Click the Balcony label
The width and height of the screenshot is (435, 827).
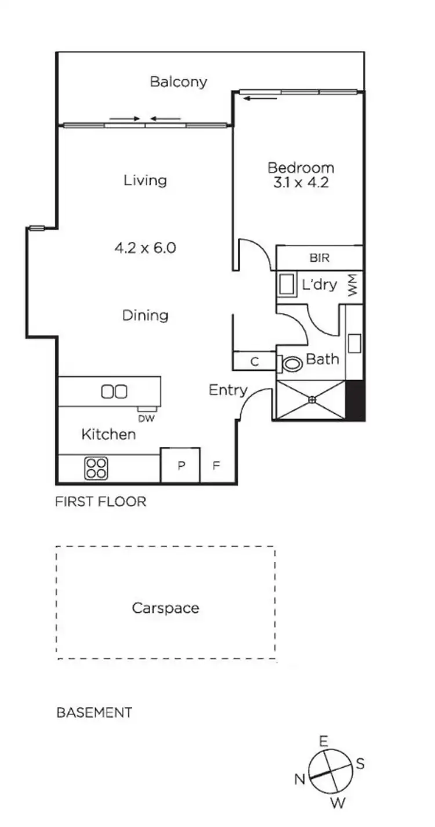(x=178, y=82)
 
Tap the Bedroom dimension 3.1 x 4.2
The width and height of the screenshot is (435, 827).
(x=300, y=182)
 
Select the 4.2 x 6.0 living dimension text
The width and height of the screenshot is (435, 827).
(x=145, y=248)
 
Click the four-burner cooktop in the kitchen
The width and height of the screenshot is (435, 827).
(x=96, y=468)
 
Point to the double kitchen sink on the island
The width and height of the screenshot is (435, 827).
(x=114, y=392)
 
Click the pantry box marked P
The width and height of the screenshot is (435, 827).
(x=180, y=465)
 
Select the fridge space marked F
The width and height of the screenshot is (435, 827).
(x=216, y=465)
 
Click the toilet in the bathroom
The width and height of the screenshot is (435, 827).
(x=292, y=364)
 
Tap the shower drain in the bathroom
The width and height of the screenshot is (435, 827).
(x=311, y=399)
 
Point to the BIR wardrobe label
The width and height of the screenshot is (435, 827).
(x=320, y=258)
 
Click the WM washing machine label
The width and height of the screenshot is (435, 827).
(x=353, y=286)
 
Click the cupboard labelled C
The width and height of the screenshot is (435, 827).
(x=253, y=361)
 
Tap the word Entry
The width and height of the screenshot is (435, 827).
(x=228, y=391)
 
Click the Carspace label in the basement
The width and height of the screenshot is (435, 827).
(x=165, y=608)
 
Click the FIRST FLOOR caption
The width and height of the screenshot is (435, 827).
(x=100, y=501)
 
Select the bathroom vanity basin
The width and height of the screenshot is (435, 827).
(x=354, y=343)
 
